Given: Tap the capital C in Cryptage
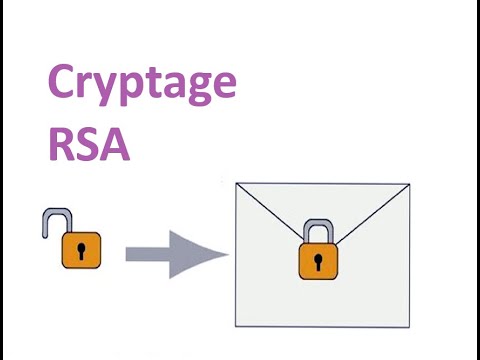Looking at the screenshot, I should click(x=65, y=85).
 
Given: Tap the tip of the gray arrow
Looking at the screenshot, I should click(x=226, y=254).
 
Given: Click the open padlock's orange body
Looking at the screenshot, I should click(x=82, y=251).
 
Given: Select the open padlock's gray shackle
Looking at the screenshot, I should click(x=53, y=221).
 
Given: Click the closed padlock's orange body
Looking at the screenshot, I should click(x=318, y=262).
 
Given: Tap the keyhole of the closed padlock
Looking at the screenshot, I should click(x=318, y=261).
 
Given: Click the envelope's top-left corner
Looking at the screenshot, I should click(x=233, y=184).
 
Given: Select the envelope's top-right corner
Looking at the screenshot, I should click(x=409, y=184).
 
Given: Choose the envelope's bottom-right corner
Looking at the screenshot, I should click(x=409, y=326).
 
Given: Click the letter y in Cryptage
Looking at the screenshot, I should click(x=111, y=93).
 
